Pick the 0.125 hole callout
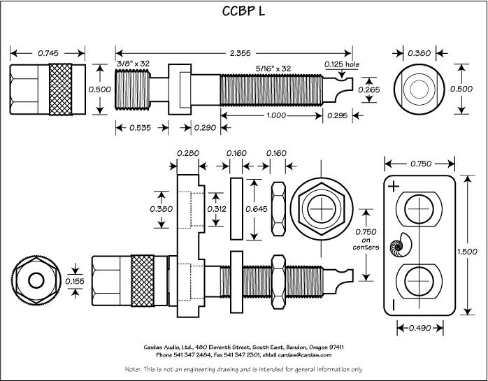click(342, 64)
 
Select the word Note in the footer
click(131, 368)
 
